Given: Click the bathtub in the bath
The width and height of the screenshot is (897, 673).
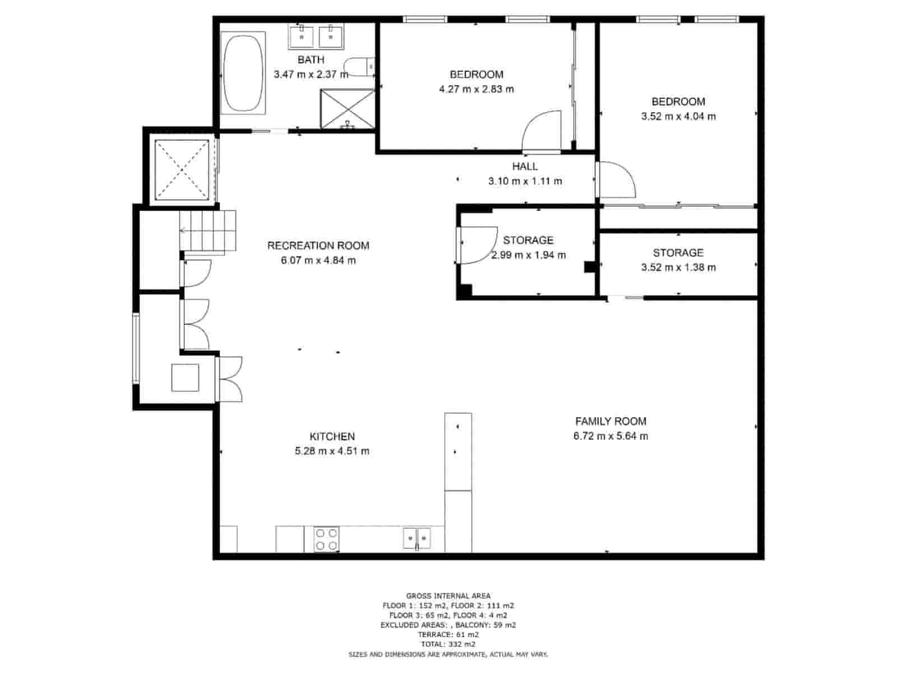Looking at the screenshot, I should click(x=243, y=72).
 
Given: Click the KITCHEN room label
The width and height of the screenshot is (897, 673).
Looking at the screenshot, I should click(x=332, y=436).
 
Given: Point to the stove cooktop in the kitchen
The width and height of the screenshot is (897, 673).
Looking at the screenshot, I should click(x=326, y=539).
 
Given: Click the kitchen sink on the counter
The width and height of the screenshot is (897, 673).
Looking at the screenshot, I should click(x=417, y=538).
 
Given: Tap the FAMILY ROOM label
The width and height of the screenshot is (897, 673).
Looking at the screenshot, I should click(x=611, y=421).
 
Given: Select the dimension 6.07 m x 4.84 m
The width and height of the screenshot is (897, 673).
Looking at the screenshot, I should click(x=318, y=260).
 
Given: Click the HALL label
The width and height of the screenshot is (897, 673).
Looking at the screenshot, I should click(x=525, y=167).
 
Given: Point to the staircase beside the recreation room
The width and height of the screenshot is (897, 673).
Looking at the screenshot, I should click(x=209, y=231).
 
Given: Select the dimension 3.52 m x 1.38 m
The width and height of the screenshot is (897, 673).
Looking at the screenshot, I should click(x=678, y=268).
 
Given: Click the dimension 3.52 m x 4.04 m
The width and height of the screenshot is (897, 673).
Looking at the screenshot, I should click(x=678, y=117).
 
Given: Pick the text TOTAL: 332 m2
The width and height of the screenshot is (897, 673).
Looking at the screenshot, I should click(x=448, y=644).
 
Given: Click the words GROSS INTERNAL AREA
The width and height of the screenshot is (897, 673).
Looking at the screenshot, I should click(x=448, y=596).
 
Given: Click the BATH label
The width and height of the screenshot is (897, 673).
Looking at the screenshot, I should click(x=311, y=59).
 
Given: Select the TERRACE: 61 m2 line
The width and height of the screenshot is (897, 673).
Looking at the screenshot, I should click(x=448, y=634).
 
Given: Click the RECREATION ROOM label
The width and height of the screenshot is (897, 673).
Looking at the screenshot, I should click(x=318, y=246).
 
